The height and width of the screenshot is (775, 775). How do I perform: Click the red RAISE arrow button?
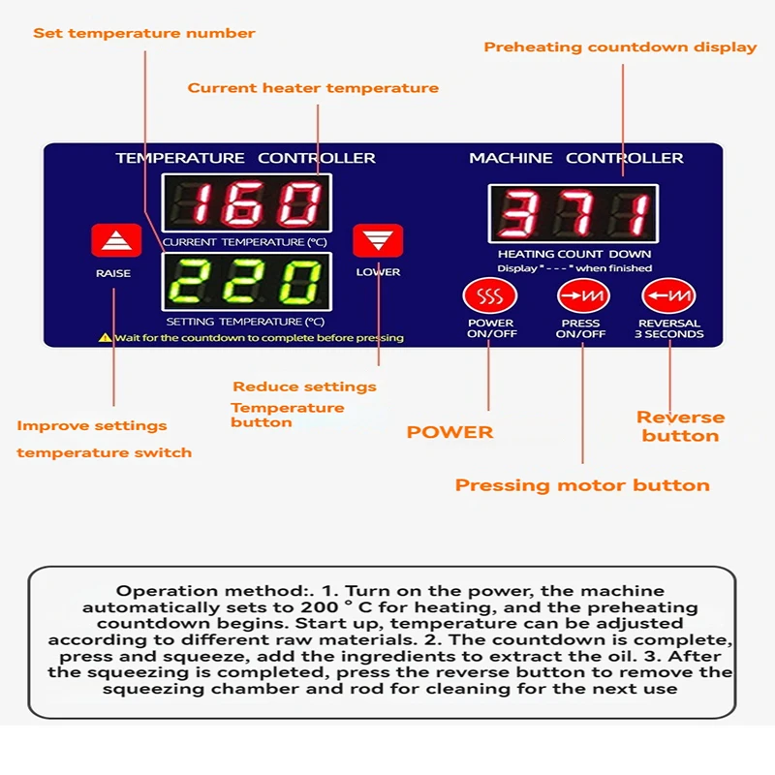tap(116, 240)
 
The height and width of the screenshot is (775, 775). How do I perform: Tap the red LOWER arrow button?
tap(378, 240)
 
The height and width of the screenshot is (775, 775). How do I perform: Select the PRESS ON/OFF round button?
tap(581, 294)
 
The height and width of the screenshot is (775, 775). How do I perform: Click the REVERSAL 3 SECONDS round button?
tap(668, 294)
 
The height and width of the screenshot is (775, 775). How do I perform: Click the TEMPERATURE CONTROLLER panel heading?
tap(245, 158)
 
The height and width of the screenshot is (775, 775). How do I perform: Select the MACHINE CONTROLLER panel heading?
tap(575, 158)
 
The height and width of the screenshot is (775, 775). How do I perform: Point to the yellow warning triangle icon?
tap(105, 338)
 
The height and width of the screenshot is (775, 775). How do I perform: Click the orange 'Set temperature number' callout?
tap(144, 33)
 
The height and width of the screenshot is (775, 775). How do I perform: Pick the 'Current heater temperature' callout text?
tap(313, 88)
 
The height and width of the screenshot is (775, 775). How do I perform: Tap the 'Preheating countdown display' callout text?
tap(620, 46)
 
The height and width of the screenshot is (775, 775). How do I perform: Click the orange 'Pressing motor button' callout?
tap(582, 485)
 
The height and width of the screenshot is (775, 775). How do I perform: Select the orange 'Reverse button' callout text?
tap(680, 426)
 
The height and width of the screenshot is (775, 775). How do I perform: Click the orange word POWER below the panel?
tap(449, 432)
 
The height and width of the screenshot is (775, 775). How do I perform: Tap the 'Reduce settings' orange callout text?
tap(304, 387)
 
